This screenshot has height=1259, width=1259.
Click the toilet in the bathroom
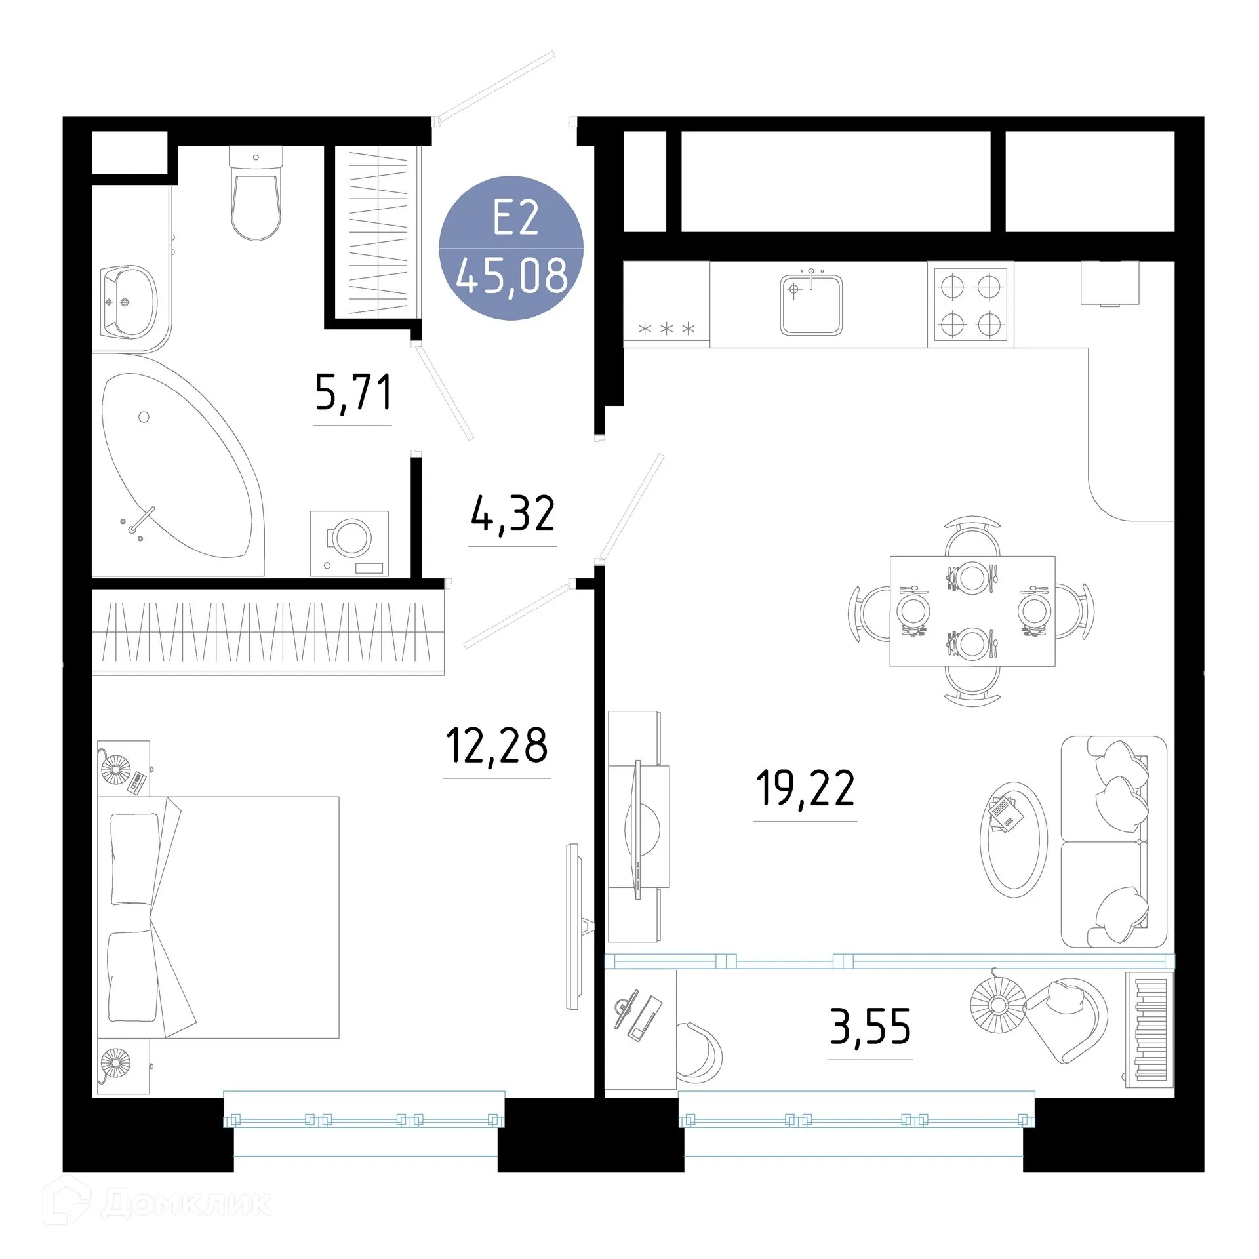pyautogui.click(x=256, y=197)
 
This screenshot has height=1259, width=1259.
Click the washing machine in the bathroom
pyautogui.click(x=349, y=543)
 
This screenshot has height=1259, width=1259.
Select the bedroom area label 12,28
pyautogui.click(x=496, y=746)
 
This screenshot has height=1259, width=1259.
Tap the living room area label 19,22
pyautogui.click(x=805, y=788)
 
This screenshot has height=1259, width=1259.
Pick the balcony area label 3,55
pyautogui.click(x=870, y=1026)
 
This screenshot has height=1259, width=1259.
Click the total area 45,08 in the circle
pyautogui.click(x=511, y=275)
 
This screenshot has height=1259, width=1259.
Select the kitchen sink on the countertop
pyautogui.click(x=811, y=305)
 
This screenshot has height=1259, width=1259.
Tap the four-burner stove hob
pyautogui.click(x=970, y=305)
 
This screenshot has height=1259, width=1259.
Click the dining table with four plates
pyautogui.click(x=972, y=611)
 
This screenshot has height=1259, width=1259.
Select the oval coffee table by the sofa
pyautogui.click(x=1013, y=839)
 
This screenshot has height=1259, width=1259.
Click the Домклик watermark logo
pyautogui.click(x=157, y=1204)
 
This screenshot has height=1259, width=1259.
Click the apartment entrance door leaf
pyautogui.click(x=496, y=87)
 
